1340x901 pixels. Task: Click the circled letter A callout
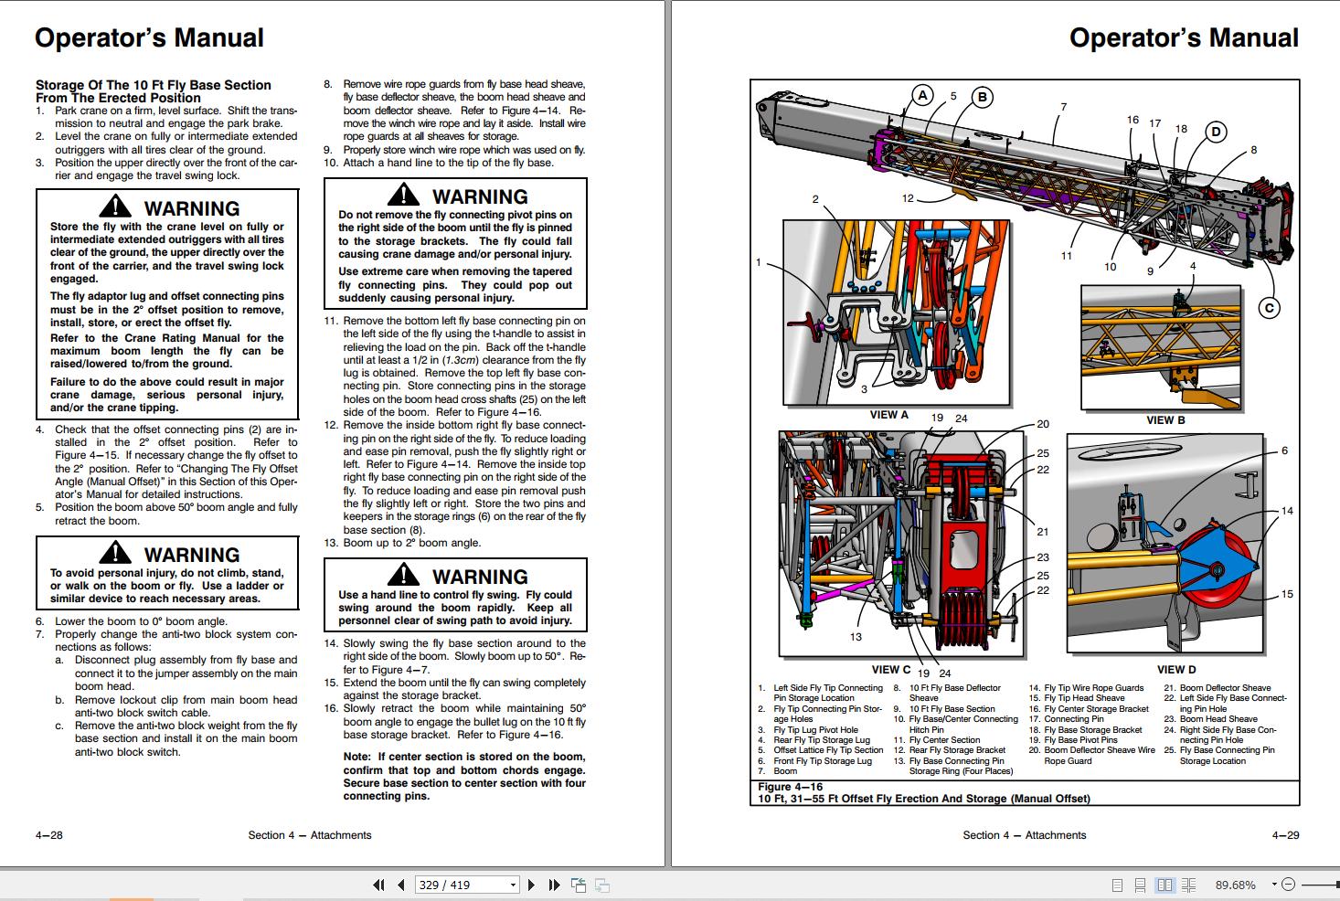(922, 95)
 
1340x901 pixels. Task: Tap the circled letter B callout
(982, 97)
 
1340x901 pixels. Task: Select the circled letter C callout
(1269, 308)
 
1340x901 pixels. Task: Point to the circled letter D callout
(1216, 132)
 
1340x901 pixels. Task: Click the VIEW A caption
(888, 415)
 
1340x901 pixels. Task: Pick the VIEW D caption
(1175, 670)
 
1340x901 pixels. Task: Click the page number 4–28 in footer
(49, 834)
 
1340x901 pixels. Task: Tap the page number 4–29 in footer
(1285, 834)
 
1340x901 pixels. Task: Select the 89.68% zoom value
(1235, 885)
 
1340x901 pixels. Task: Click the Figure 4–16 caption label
(790, 787)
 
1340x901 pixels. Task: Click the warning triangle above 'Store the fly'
(115, 207)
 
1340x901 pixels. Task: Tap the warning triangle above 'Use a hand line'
(403, 576)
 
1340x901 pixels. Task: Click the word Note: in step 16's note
(357, 757)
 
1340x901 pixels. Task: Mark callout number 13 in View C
(856, 637)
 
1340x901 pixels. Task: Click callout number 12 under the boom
(908, 198)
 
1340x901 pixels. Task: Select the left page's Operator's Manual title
(149, 37)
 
